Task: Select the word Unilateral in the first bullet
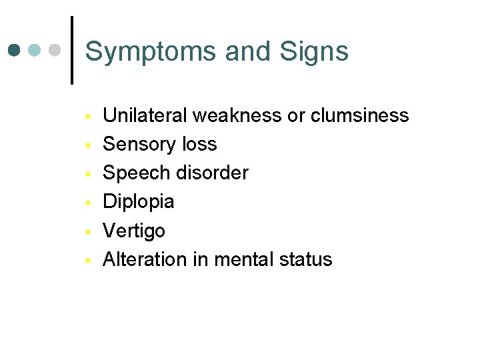[145, 115]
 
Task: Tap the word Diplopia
[139, 202]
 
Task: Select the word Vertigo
[134, 231]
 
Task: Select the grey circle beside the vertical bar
[56, 51]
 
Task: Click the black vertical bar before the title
[71, 50]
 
